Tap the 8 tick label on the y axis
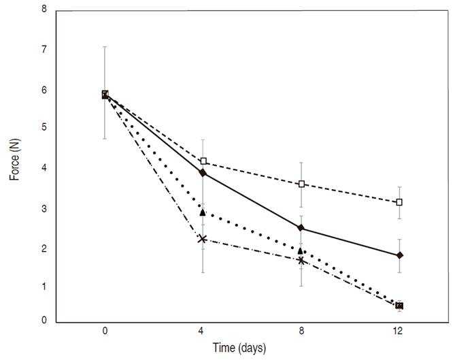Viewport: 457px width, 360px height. tap(44, 10)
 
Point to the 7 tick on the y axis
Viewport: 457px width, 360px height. tap(44, 50)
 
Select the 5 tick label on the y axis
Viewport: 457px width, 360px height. tap(44, 128)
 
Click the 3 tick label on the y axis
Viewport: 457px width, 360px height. tap(44, 208)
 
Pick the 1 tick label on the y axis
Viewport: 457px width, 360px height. tap(44, 287)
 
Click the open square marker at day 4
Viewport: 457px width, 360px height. tap(203, 161)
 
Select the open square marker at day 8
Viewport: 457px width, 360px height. tap(301, 184)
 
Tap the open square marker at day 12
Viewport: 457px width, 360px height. tap(399, 202)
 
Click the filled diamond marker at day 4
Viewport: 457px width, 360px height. tap(203, 173)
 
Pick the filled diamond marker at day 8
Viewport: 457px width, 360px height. tap(301, 228)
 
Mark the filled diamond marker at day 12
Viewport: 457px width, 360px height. tap(399, 255)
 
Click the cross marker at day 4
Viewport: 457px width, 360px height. tap(203, 239)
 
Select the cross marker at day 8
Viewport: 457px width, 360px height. tap(301, 260)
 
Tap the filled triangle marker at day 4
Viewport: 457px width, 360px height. tap(203, 212)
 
